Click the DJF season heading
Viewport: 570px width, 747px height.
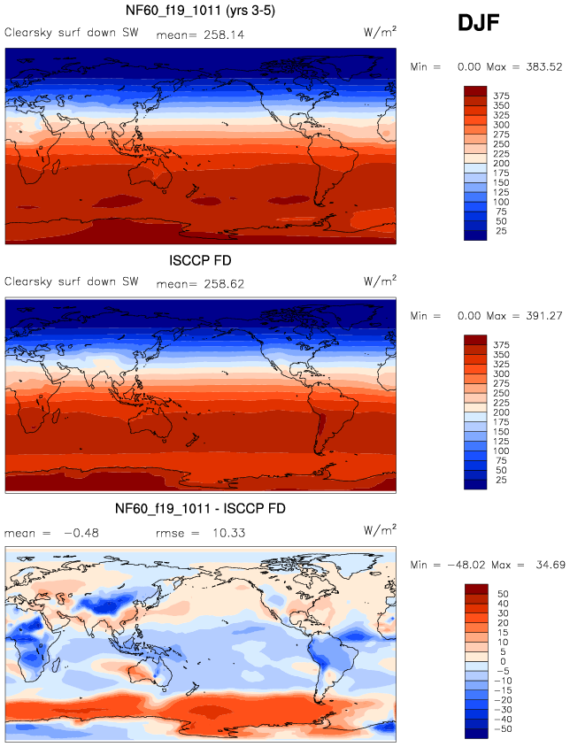[479, 24]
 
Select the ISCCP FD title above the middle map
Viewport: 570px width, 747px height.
[200, 262]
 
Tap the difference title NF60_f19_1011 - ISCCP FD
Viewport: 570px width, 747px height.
[200, 511]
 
